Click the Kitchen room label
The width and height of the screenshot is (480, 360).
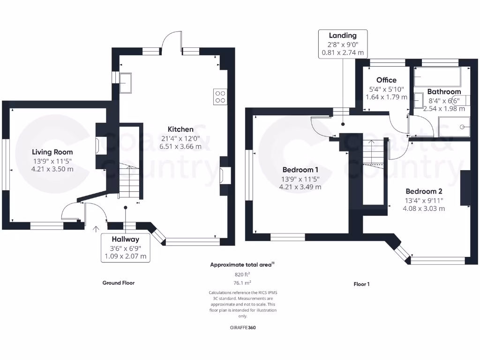[180, 129]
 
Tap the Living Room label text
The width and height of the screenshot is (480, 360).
[52, 152]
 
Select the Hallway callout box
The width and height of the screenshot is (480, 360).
[126, 247]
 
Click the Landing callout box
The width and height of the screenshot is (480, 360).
[342, 44]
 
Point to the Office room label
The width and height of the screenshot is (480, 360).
[386, 80]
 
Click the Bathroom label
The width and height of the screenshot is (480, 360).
[444, 92]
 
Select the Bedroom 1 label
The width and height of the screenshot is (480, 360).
[300, 170]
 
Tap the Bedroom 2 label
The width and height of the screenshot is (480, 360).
[424, 191]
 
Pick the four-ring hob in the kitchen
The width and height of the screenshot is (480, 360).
[220, 96]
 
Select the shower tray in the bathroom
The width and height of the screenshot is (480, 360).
[454, 126]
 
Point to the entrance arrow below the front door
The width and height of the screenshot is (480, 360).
[97, 229]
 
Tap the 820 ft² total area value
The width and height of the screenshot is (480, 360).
[242, 274]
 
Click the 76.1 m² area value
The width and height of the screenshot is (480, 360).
[242, 283]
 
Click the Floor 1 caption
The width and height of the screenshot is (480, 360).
[361, 284]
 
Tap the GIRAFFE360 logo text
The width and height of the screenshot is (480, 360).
[242, 328]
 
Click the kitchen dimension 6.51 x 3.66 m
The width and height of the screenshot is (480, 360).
[180, 146]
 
